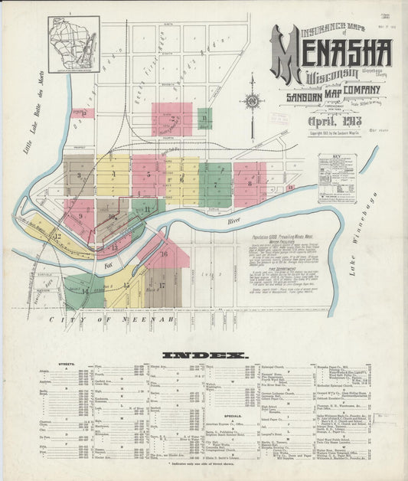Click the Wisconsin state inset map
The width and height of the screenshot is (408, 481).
coord(73,44)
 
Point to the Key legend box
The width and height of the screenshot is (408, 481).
coord(338,178)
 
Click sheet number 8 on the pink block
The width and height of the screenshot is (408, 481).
coord(250,183)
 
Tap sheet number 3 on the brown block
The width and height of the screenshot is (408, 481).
coord(79,175)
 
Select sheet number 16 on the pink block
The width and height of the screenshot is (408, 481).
coord(163,254)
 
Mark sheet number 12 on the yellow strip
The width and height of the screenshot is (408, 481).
coord(57,237)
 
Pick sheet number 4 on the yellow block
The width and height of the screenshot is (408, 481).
coord(113,175)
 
